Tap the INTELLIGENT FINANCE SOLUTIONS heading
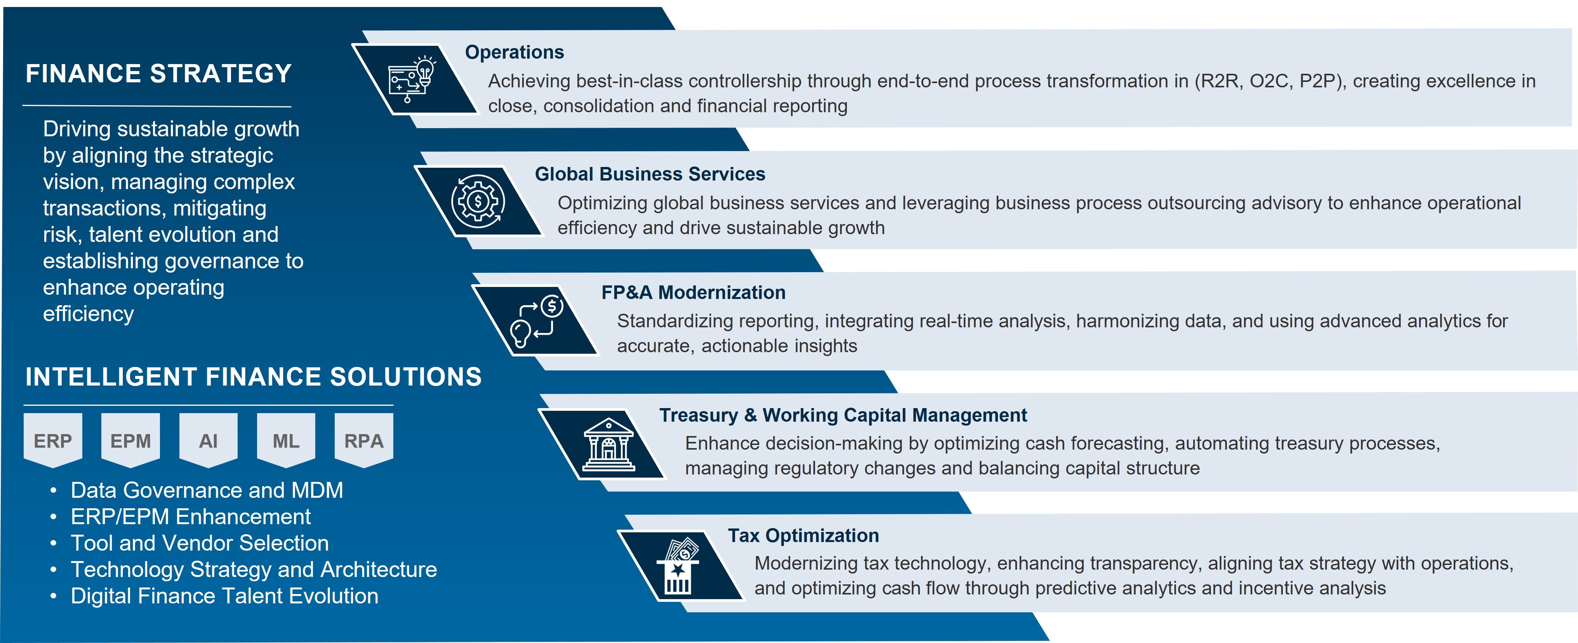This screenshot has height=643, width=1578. (x=254, y=377)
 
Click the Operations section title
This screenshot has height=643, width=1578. (x=514, y=52)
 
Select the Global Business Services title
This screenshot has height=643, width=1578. (x=650, y=174)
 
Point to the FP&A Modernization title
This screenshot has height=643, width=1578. (x=693, y=293)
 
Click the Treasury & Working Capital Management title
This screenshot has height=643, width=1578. (x=843, y=415)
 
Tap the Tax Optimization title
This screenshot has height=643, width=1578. (x=803, y=536)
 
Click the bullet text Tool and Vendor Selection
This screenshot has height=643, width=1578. (x=200, y=543)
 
